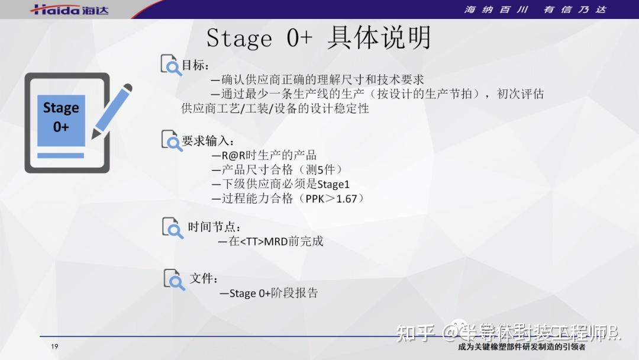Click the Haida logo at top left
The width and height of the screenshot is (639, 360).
pos(70,9)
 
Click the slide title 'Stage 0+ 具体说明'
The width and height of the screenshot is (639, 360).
pos(318,38)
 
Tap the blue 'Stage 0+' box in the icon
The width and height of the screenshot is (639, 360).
pos(61,118)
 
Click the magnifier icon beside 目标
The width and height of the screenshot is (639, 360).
pos(172,65)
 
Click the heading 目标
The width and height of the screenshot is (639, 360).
pos(195,65)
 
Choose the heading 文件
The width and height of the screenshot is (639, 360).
pos(204,278)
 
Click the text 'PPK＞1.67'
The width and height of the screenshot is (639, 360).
pos(331,199)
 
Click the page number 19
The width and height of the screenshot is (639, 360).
pos(54,347)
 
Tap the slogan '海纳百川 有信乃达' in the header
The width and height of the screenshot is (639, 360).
pos(535,9)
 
